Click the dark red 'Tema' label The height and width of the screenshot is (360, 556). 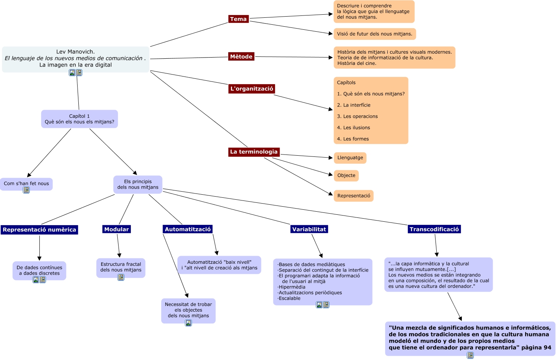pyautogui.click(x=238, y=19)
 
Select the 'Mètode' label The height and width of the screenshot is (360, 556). pyautogui.click(x=241, y=57)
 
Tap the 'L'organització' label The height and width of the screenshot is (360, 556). pyautogui.click(x=252, y=89)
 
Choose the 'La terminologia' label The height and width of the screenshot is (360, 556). pyautogui.click(x=254, y=152)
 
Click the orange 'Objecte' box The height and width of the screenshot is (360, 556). pyautogui.click(x=346, y=175)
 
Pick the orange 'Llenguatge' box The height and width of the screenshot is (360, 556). pyautogui.click(x=350, y=158)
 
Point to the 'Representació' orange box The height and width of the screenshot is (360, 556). pyautogui.click(x=354, y=196)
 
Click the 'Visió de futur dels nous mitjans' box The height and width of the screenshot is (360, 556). pyautogui.click(x=375, y=34)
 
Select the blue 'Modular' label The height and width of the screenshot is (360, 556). pyautogui.click(x=117, y=229)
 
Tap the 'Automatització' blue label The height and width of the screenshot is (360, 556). pyautogui.click(x=188, y=229)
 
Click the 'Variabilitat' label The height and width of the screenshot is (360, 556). pyautogui.click(x=309, y=229)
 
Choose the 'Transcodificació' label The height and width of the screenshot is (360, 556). pyautogui.click(x=434, y=229)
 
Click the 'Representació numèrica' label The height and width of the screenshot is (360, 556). pyautogui.click(x=39, y=230)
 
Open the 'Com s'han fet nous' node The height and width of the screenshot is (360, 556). pyautogui.click(x=26, y=183)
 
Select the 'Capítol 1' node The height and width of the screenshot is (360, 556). pyautogui.click(x=80, y=119)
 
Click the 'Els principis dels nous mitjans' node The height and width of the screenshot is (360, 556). pyautogui.click(x=138, y=185)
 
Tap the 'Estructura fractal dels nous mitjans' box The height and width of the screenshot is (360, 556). pyautogui.click(x=121, y=267)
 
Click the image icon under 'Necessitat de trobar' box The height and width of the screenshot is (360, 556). pyautogui.click(x=188, y=323)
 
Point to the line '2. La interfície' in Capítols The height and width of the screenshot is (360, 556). pyautogui.click(x=354, y=105)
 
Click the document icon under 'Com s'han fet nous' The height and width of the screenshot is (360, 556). pyautogui.click(x=26, y=190)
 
